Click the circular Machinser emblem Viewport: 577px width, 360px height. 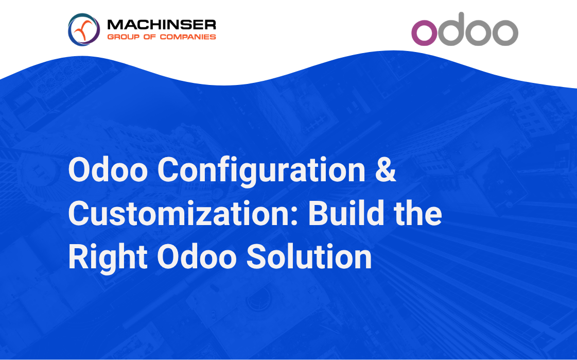point(84,29)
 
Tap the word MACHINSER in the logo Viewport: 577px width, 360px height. point(162,25)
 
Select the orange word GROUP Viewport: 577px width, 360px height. point(123,37)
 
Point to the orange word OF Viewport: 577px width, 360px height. point(150,37)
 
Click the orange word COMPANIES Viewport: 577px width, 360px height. point(188,37)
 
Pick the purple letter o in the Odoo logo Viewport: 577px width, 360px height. point(424,33)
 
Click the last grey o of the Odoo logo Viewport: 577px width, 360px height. point(505,33)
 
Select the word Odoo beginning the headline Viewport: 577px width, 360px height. point(108,169)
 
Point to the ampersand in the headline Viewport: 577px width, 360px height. point(386,169)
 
